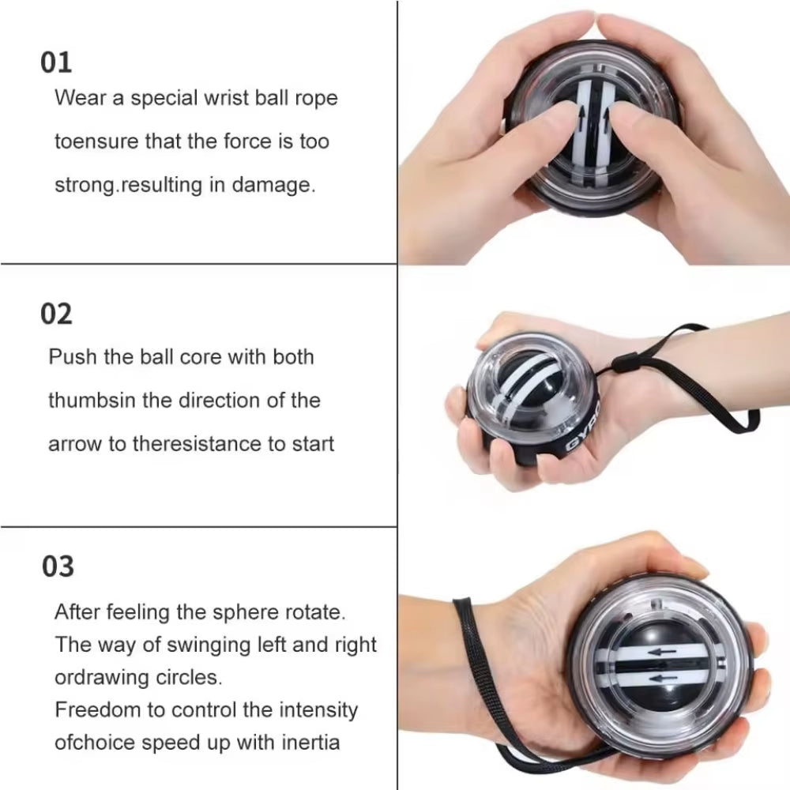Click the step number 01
[x=56, y=62]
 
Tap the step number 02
[x=56, y=314]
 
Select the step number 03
[x=58, y=566]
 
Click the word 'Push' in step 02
[x=72, y=357]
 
